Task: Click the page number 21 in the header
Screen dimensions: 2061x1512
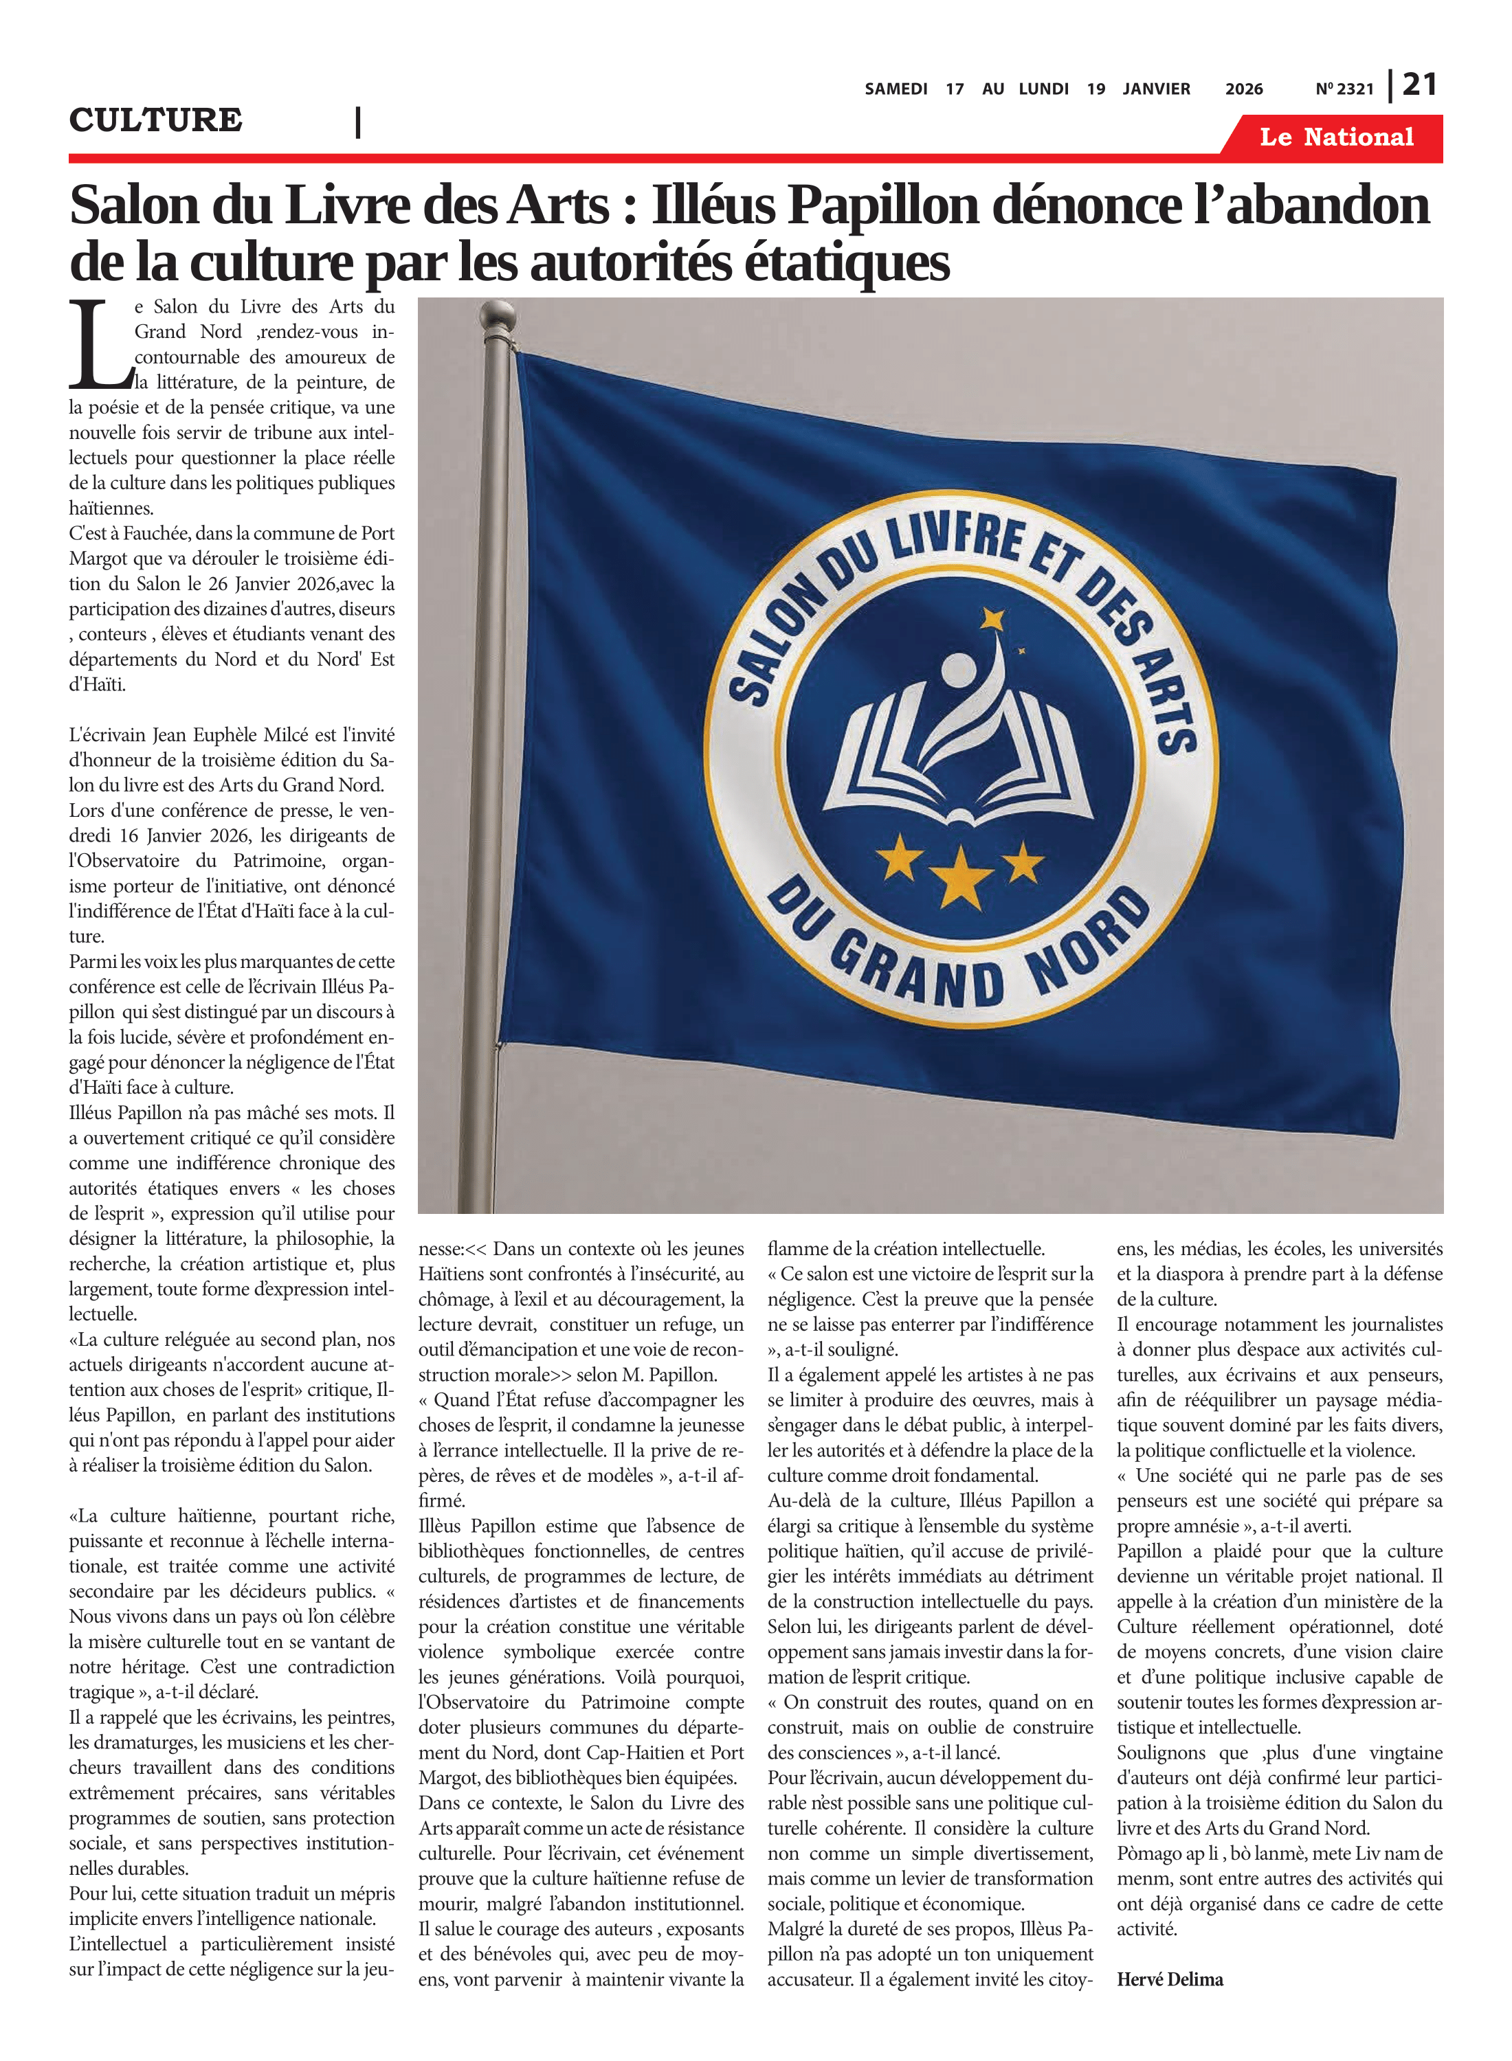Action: pyautogui.click(x=1419, y=85)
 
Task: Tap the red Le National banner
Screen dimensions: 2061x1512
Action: pyautogui.click(x=1336, y=137)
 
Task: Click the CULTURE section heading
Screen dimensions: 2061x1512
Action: pyautogui.click(x=155, y=120)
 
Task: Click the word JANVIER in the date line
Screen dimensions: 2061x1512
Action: pyautogui.click(x=1156, y=89)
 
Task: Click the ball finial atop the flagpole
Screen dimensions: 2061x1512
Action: pyautogui.click(x=498, y=315)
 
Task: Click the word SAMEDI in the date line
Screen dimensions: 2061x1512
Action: pyautogui.click(x=895, y=89)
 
